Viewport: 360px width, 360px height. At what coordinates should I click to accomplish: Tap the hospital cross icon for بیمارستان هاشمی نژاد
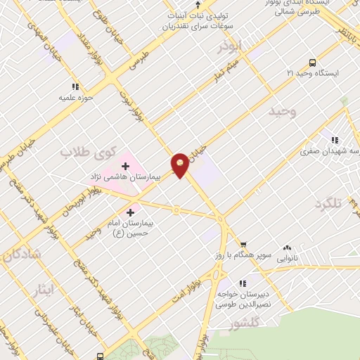[125, 166]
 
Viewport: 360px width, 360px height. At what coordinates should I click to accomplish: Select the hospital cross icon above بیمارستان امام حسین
[131, 211]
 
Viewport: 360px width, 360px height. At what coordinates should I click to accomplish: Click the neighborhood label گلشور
[245, 324]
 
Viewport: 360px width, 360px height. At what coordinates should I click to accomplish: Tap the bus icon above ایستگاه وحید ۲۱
[313, 61]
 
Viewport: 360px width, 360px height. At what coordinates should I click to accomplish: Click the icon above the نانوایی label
[286, 248]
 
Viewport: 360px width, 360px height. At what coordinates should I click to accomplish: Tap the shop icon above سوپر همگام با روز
[243, 245]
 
